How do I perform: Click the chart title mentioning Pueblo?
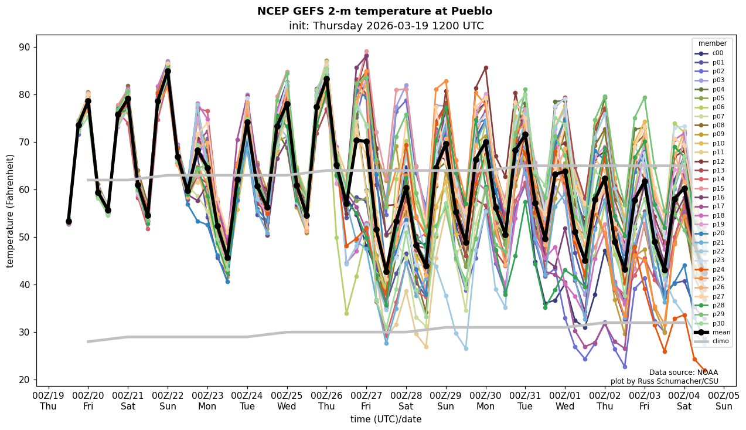(x=374, y=11)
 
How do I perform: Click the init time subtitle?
(x=386, y=26)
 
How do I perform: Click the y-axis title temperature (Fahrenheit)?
(x=10, y=211)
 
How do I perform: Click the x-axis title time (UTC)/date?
(x=386, y=419)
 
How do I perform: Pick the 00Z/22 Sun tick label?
(x=168, y=400)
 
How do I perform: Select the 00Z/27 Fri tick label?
(x=366, y=400)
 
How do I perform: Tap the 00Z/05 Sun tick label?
(x=724, y=400)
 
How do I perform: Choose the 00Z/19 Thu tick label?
(x=49, y=400)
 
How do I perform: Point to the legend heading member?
(x=712, y=43)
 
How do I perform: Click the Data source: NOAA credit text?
(x=683, y=373)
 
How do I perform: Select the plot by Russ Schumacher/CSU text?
(x=664, y=381)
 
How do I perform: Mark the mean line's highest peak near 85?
(x=168, y=72)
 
